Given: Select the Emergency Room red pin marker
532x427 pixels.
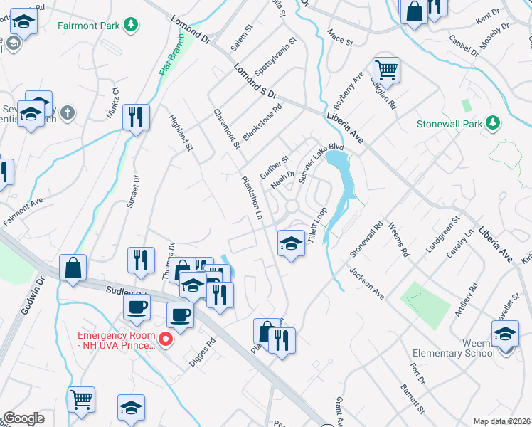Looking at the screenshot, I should click(x=166, y=339).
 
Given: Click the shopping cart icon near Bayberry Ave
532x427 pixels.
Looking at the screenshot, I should click(x=386, y=71).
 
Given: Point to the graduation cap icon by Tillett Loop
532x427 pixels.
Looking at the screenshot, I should click(x=290, y=243).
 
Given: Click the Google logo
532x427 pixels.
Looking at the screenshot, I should click(x=23, y=418).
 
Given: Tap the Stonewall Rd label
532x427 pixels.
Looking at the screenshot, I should click(x=366, y=239).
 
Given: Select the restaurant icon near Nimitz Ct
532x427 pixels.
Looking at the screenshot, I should click(x=136, y=117).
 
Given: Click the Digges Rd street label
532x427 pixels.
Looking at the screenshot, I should click(x=202, y=352).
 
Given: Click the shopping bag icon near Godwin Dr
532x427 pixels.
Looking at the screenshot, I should click(x=73, y=268).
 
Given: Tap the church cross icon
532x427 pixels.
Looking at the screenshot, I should click(x=67, y=112).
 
